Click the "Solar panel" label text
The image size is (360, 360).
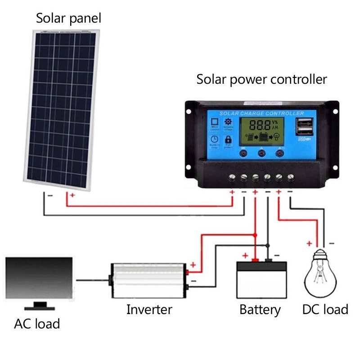click(68, 18)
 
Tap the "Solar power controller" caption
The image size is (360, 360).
click(261, 80)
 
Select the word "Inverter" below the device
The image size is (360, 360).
click(149, 310)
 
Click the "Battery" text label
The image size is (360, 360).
click(260, 310)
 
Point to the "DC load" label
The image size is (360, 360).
click(325, 310)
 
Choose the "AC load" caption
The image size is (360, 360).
click(37, 324)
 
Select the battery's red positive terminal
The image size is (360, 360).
click(255, 260)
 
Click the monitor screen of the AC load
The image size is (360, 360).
click(39, 279)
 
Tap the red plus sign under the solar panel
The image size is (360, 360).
click(72, 196)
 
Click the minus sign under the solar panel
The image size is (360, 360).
click(50, 196)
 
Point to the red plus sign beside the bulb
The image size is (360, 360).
click(309, 243)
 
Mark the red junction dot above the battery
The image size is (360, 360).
click(255, 235)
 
